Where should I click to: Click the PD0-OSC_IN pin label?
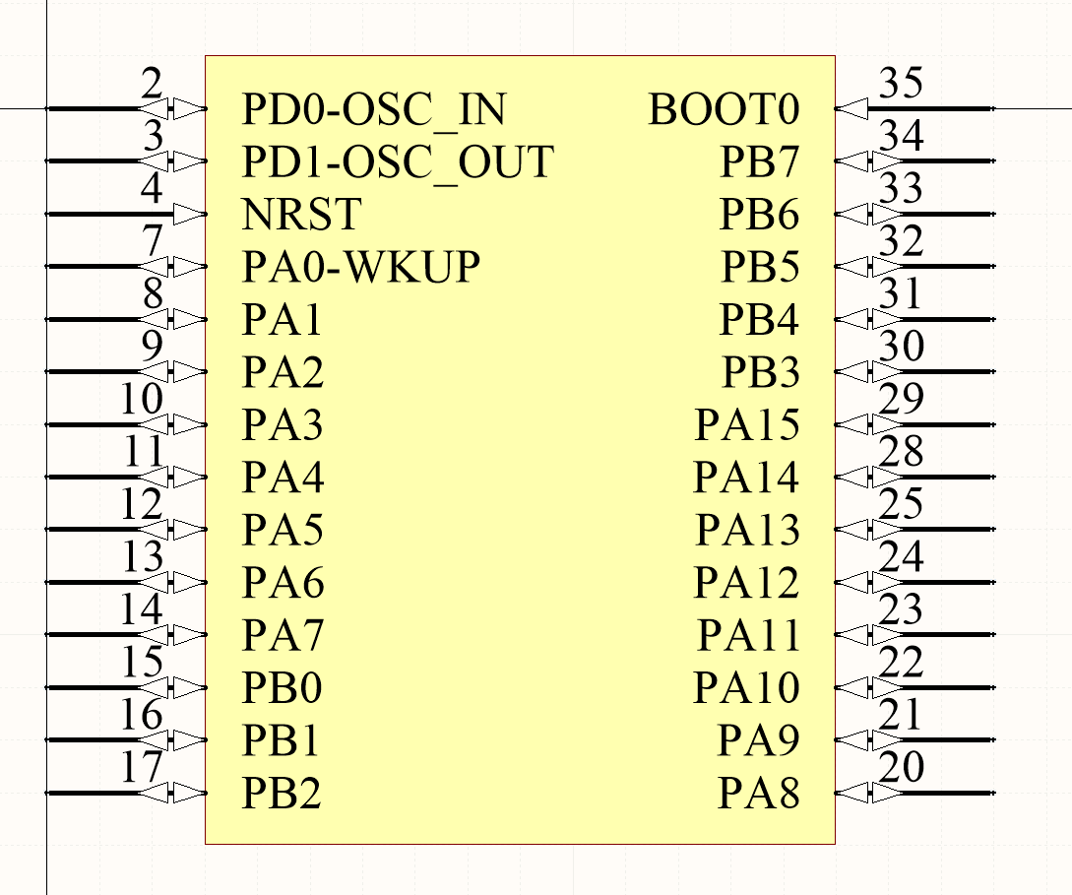click(x=373, y=109)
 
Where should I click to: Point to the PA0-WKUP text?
click(x=361, y=267)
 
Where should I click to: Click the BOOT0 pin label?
click(x=724, y=109)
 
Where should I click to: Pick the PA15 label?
click(x=747, y=425)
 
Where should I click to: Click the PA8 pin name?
click(x=758, y=793)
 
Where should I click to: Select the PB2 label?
click(x=282, y=793)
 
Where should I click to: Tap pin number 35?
click(x=901, y=85)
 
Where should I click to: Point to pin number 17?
click(x=142, y=768)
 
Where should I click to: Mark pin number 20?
click(x=901, y=768)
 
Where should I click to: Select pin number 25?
click(x=901, y=505)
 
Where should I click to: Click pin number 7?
click(x=152, y=242)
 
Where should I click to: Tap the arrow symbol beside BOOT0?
click(x=852, y=109)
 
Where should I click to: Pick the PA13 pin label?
click(x=747, y=531)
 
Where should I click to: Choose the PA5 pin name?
click(x=284, y=531)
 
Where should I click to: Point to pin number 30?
click(x=901, y=348)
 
